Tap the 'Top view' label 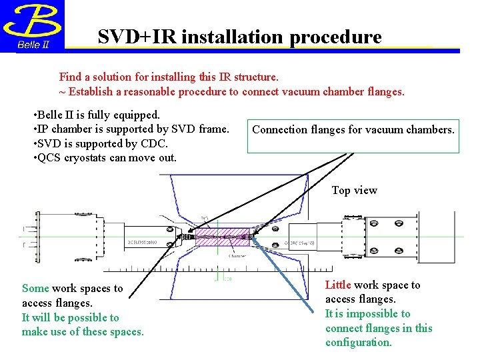355,191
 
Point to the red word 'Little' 338,285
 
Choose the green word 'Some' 35,289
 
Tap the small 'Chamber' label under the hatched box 237,255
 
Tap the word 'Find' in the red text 71,77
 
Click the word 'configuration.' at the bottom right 359,343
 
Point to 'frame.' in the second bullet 214,129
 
